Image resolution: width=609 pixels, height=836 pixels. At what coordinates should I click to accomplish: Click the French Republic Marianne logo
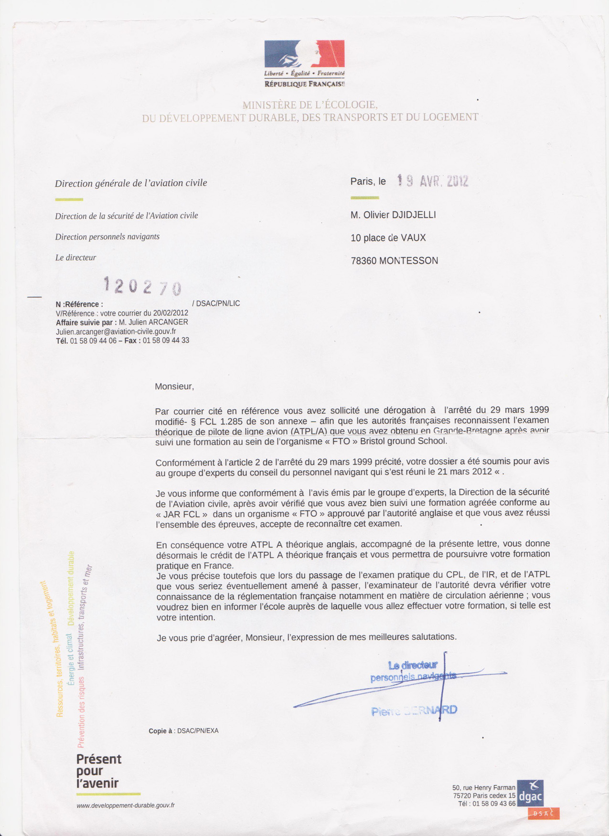[x=304, y=53]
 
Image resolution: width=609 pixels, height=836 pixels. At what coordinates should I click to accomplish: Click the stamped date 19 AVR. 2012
[x=432, y=181]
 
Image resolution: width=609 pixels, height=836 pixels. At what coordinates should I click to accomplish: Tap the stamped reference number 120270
[x=142, y=286]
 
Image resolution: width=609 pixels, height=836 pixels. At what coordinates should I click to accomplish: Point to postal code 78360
[x=363, y=261]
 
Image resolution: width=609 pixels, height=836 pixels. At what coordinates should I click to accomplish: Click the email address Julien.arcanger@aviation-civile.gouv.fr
[x=116, y=331]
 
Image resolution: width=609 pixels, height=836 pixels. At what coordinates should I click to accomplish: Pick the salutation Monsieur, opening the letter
[x=174, y=386]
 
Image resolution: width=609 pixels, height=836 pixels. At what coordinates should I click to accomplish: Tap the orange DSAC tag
[x=544, y=814]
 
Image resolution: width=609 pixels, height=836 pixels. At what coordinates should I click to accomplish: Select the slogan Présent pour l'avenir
[x=99, y=771]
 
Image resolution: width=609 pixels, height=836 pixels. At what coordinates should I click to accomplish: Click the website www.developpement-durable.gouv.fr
[x=125, y=805]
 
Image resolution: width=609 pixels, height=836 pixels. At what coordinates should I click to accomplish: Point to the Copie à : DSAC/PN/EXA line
[x=183, y=731]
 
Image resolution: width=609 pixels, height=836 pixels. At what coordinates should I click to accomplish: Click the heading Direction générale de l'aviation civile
[x=131, y=183]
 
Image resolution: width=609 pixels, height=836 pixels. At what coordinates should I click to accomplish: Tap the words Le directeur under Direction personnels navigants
[x=75, y=258]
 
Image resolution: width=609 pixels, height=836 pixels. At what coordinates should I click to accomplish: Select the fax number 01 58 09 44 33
[x=166, y=340]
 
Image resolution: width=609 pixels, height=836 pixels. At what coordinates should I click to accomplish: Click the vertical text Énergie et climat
[x=69, y=659]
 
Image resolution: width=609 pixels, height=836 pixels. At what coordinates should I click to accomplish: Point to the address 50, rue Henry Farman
[x=483, y=787]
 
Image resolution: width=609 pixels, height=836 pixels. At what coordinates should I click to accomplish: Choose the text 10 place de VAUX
[x=388, y=238]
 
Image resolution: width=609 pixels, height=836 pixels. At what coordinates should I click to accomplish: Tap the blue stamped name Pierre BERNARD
[x=414, y=711]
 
